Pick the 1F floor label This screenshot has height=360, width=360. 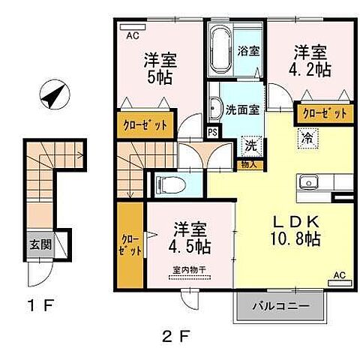click(x=37, y=306)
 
